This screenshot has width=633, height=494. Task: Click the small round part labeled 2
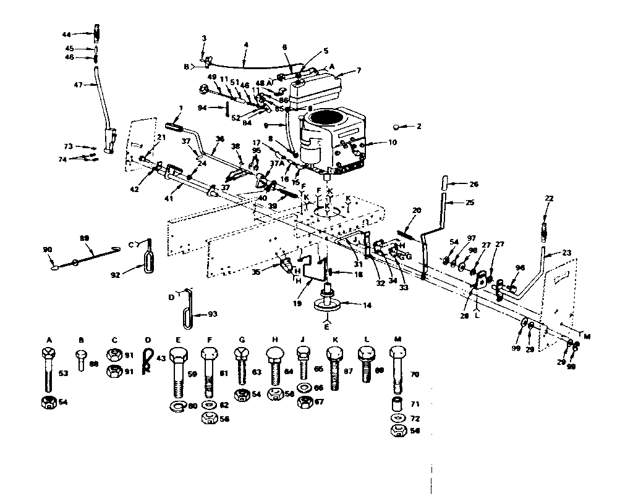click(396, 127)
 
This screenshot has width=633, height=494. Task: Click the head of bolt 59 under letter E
click(178, 356)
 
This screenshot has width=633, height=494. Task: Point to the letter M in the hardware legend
click(397, 339)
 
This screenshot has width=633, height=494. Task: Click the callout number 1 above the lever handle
click(181, 108)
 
